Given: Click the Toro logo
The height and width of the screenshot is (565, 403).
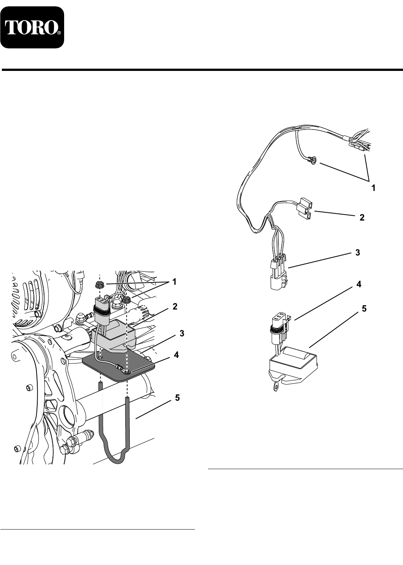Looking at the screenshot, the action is click(x=32, y=27).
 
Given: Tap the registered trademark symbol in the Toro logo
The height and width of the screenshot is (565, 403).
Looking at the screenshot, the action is click(x=59, y=33).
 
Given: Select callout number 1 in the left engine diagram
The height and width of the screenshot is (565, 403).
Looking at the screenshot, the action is click(x=174, y=282).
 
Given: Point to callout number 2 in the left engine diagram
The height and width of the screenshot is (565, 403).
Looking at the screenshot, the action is click(x=175, y=307).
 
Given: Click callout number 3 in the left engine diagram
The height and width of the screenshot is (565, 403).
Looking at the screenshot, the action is click(x=182, y=334).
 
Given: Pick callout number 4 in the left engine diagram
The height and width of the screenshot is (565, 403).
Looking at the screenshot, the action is click(x=176, y=355).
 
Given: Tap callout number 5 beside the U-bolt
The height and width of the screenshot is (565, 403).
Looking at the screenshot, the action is click(x=177, y=398).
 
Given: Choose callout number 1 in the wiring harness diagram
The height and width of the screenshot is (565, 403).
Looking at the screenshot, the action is click(x=374, y=188).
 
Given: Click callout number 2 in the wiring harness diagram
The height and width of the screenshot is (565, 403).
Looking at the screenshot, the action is click(x=362, y=218).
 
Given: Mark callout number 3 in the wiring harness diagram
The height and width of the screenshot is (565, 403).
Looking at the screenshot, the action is click(x=358, y=253).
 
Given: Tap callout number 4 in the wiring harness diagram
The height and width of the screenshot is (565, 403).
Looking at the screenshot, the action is click(x=359, y=284).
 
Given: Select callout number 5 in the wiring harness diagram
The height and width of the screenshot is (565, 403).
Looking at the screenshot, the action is click(x=364, y=309).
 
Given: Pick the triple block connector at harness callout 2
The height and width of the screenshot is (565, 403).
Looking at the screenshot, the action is click(x=305, y=207).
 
